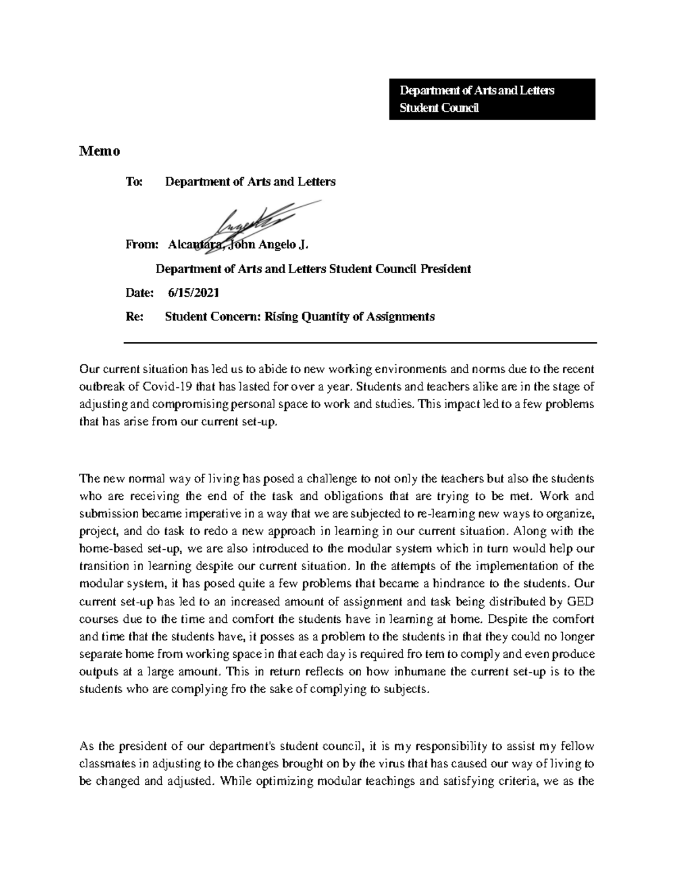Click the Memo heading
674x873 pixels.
pos(99,151)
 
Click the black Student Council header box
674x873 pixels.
pos(491,99)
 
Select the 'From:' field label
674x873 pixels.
pos(143,245)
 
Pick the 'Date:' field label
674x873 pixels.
pos(139,293)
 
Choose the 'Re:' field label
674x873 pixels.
pos(135,316)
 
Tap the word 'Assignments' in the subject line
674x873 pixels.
pos(400,316)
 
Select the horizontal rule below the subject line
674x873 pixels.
pos(359,342)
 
